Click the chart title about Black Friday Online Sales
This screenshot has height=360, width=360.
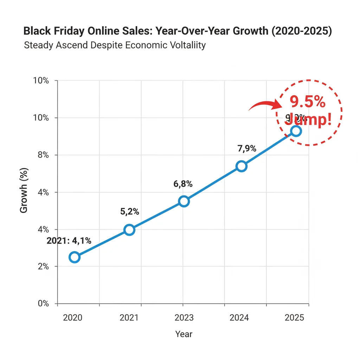coord(178,31)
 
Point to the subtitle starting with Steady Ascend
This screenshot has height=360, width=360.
coord(115,45)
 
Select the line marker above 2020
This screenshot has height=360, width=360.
coord(74,257)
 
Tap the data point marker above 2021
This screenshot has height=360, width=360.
coord(129,230)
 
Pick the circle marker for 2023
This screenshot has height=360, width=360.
coord(184,201)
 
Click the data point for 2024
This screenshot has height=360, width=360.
coord(242,166)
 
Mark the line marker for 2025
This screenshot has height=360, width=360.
coord(296,131)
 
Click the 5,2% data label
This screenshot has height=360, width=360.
coord(129,212)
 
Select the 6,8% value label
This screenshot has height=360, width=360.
coord(183,184)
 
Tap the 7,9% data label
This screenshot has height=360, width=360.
coord(247,148)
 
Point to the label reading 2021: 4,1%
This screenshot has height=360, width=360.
coord(69,241)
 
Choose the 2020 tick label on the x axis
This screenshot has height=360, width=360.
coord(72,318)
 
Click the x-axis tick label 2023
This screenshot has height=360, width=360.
coord(184,318)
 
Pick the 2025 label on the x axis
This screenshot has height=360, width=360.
coord(295,318)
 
